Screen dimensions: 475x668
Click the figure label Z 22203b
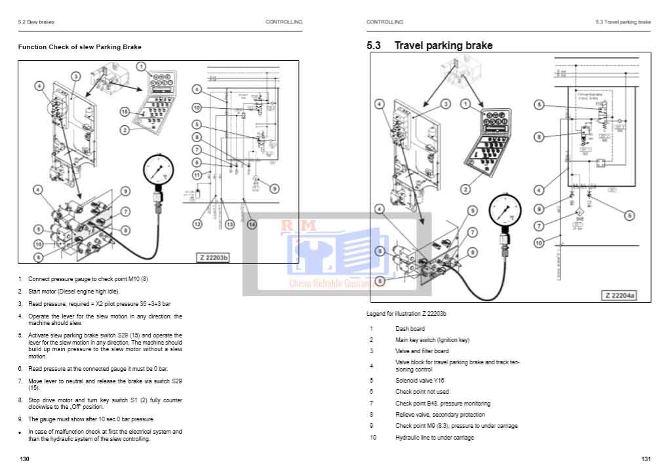coord(214,257)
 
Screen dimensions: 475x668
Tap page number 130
coord(24,459)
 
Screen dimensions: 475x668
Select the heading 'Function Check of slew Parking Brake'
coord(79,47)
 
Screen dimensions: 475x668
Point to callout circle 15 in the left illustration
coord(125,112)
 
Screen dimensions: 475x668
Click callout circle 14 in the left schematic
coord(252,224)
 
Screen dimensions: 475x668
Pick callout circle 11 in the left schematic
coord(197,175)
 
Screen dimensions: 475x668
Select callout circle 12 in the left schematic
coord(197,224)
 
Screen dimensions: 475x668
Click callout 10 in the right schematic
coord(538,243)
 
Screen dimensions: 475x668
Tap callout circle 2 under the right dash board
coord(465,189)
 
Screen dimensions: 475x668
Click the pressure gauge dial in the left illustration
coord(157,171)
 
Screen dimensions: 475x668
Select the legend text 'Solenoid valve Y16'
coord(420,380)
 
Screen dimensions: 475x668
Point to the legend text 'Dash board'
coord(410,329)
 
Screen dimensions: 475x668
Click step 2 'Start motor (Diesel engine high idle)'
coord(73,291)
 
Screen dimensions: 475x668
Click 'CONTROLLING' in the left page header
coord(284,22)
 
